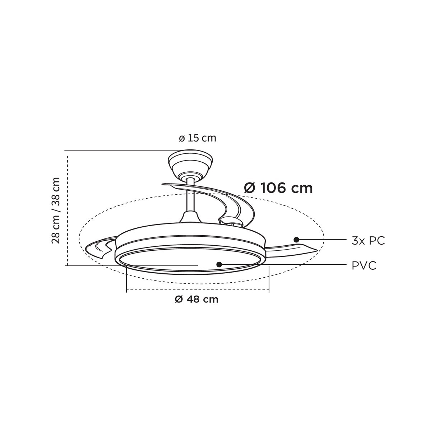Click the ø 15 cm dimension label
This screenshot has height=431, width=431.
coord(198,138)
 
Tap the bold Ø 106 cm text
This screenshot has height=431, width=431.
coord(278,189)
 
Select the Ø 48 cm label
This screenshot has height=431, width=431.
coord(196,300)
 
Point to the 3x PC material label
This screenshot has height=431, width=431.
coord(369,241)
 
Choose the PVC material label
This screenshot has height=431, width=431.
coord(364,266)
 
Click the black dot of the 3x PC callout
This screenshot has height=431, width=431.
coord(296,240)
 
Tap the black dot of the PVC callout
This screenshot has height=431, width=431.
coord(219,265)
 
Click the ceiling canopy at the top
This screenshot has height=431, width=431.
coord(190,164)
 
